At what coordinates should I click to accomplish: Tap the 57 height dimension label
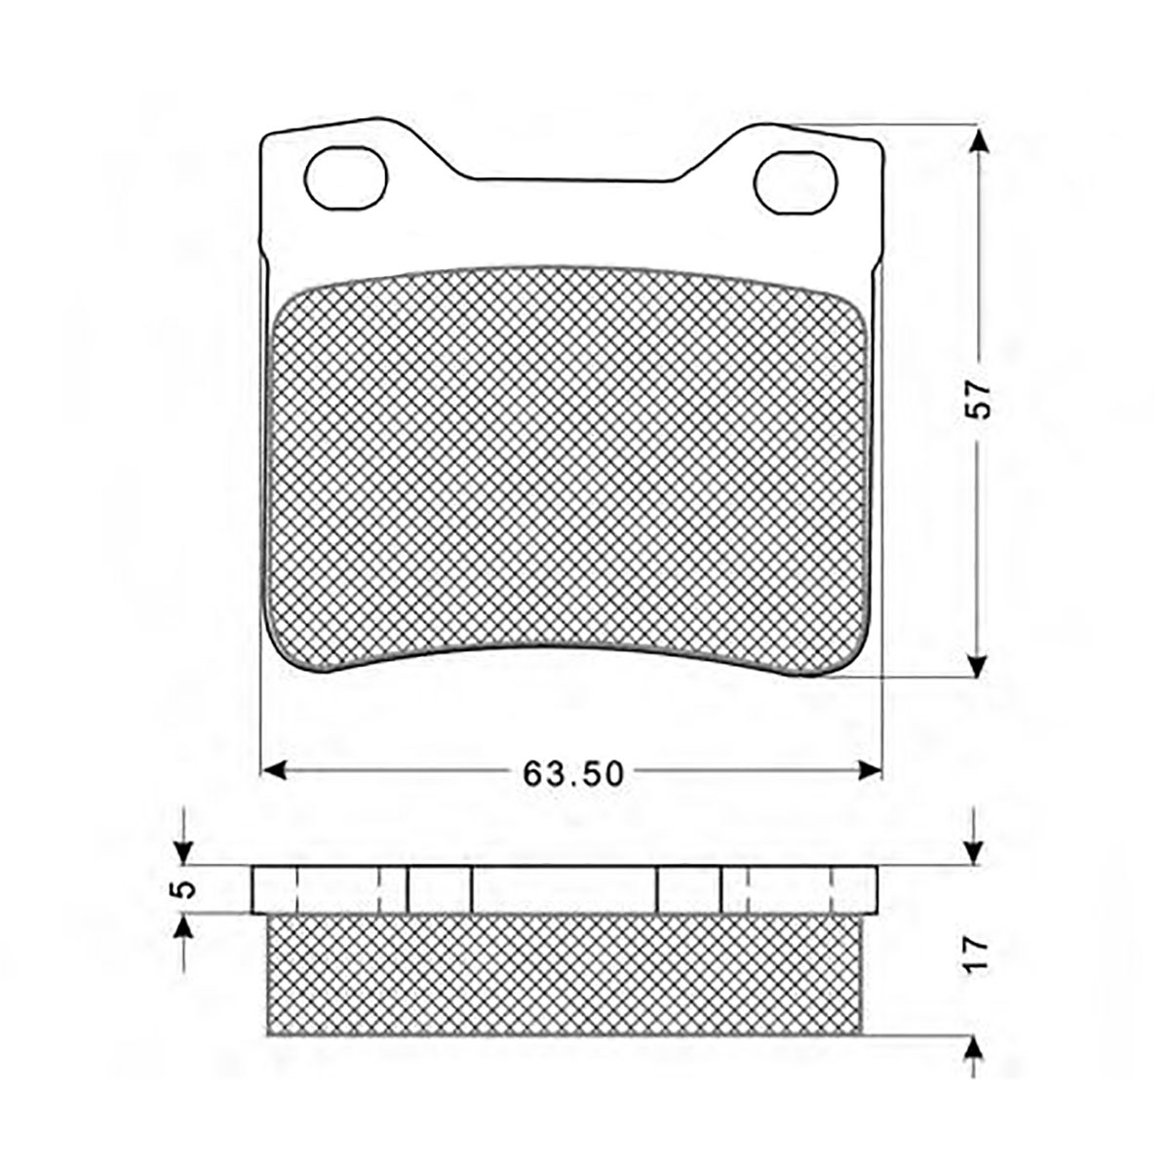[x=978, y=400]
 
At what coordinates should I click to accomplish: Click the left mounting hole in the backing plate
[x=345, y=178]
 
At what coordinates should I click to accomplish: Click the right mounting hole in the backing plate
[x=795, y=182]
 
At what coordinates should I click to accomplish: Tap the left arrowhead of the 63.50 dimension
[x=272, y=770]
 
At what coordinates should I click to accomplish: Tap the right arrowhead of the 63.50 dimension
[x=869, y=770]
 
